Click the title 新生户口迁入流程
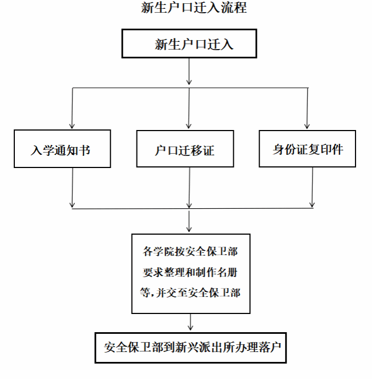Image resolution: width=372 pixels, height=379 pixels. [x=194, y=8]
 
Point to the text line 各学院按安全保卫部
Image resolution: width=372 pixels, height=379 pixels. [x=190, y=251]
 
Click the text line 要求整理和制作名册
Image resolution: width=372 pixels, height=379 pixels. [x=190, y=272]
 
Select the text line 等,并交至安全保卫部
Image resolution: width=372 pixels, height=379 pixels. [x=190, y=293]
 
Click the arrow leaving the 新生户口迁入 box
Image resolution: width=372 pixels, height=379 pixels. [x=189, y=71]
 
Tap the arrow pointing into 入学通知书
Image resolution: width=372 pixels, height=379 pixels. [x=72, y=108]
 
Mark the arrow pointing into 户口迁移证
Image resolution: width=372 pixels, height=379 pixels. [x=189, y=108]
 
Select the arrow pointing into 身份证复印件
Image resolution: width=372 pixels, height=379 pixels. [x=307, y=108]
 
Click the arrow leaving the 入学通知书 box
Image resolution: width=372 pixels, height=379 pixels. [x=73, y=188]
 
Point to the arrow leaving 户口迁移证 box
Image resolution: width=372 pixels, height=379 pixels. [x=189, y=188]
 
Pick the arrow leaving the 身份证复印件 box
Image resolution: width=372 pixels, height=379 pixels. [x=313, y=187]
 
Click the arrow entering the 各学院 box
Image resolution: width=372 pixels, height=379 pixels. [x=189, y=221]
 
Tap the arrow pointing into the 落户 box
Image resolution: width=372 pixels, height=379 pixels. [x=190, y=322]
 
